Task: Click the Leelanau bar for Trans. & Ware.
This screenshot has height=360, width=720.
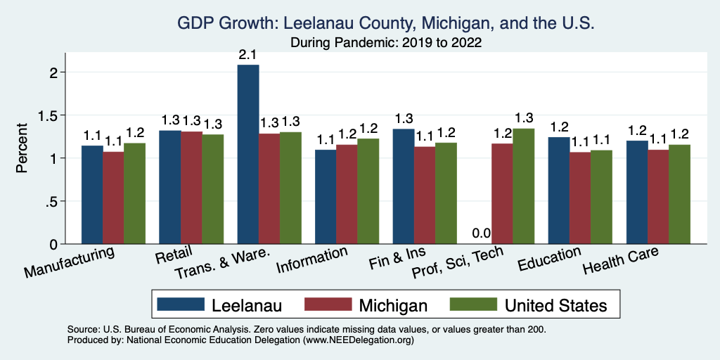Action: pyautogui.click(x=248, y=154)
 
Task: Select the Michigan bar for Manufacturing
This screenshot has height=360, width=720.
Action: pyautogui.click(x=113, y=198)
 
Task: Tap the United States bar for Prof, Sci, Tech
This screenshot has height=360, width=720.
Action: pyautogui.click(x=523, y=186)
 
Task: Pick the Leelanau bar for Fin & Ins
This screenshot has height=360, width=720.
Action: pyautogui.click(x=404, y=186)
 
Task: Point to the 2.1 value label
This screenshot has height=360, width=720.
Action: pyautogui.click(x=248, y=53)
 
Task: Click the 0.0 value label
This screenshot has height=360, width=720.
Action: pyautogui.click(x=481, y=233)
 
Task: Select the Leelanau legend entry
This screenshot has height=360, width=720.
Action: pyautogui.click(x=218, y=304)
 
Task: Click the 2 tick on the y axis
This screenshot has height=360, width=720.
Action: pyautogui.click(x=61, y=72)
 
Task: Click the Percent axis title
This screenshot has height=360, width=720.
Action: pyautogui.click(x=22, y=148)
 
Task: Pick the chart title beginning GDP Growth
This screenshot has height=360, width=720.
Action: pyautogui.click(x=386, y=23)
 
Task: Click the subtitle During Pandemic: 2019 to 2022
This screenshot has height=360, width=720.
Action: pyautogui.click(x=386, y=42)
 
